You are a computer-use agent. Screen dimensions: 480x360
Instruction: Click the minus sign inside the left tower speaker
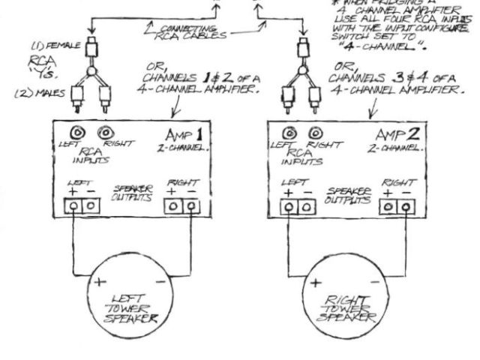click(163, 281)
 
